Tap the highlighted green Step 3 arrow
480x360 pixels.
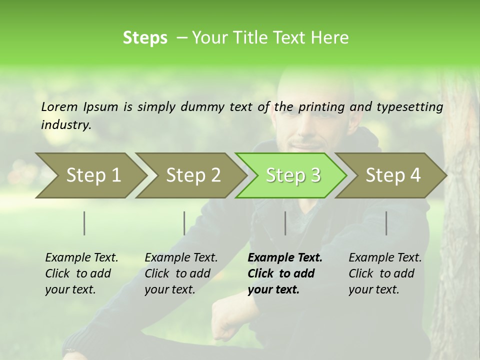tap(293, 175)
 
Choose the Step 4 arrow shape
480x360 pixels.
tap(393, 175)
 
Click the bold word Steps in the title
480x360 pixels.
tap(145, 38)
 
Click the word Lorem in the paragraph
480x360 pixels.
tap(59, 106)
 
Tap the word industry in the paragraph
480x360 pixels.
tap(65, 125)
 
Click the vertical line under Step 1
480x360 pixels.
tap(84, 223)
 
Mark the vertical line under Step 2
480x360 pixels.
tap(184, 223)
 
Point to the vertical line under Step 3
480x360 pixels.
tap(285, 223)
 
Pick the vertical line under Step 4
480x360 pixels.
tap(386, 223)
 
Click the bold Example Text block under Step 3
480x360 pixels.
tap(285, 273)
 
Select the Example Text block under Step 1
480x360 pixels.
tap(81, 273)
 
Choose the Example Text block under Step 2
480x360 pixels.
tap(181, 273)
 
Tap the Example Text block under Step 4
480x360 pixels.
tap(385, 273)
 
